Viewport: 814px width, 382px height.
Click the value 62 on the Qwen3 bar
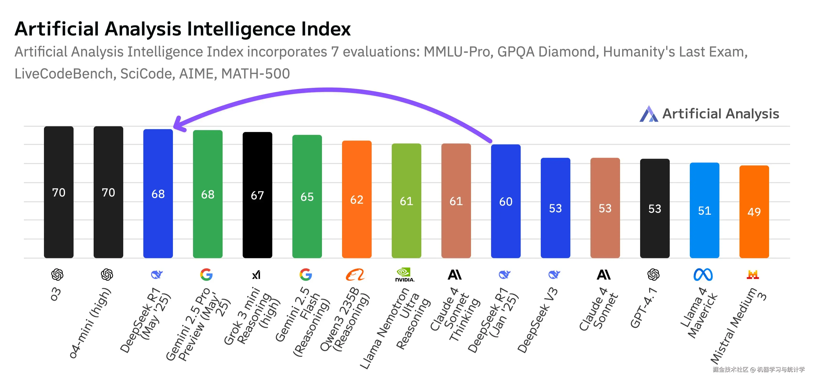pos(357,200)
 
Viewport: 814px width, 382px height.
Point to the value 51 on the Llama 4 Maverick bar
pos(704,211)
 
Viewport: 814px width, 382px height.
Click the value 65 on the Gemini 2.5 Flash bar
pos(307,197)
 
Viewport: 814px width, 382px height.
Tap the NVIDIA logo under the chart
pos(404,274)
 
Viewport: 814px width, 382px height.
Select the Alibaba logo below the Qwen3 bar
pos(355,274)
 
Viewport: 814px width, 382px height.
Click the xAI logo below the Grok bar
pos(256,275)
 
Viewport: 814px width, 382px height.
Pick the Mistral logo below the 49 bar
pos(753,274)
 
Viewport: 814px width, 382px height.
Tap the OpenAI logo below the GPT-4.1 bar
pos(653,274)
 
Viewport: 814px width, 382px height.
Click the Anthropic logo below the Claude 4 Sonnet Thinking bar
pos(455,274)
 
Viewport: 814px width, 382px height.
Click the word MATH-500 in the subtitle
pos(255,74)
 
